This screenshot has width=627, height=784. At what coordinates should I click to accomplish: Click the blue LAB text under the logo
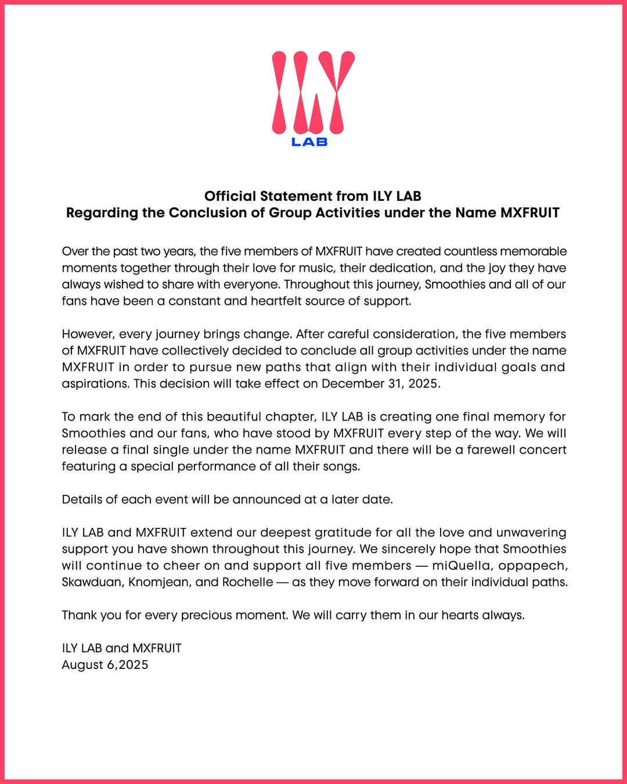309,142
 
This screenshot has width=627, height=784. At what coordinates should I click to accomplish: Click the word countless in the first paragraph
470,251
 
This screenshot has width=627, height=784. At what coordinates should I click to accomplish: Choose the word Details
80,499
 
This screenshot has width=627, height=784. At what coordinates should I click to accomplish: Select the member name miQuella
463,566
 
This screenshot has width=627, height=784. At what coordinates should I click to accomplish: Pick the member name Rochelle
247,582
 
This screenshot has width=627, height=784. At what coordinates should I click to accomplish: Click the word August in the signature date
82,665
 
